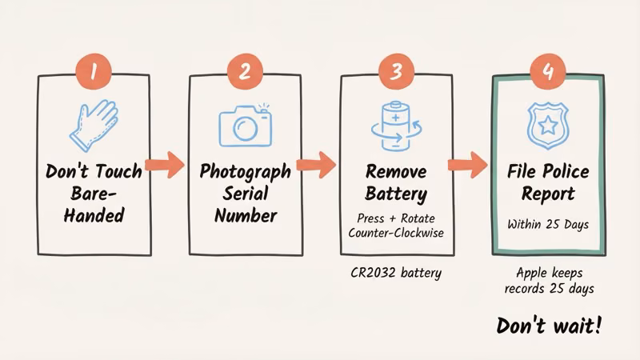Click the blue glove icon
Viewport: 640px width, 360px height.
pos(94,124)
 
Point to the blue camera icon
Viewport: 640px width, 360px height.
pos(245,125)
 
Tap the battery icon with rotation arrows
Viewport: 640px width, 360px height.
pos(396,125)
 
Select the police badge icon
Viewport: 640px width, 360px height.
pos(547,125)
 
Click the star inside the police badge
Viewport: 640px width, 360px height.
pos(547,124)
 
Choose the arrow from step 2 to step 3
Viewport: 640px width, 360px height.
pos(318,166)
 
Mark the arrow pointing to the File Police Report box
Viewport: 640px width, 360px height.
pos(469,166)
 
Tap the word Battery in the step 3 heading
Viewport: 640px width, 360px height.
pos(396,194)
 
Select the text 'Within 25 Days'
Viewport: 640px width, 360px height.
pos(548,224)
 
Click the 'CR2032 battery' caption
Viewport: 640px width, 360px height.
pos(396,272)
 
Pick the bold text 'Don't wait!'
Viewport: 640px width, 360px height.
pos(549,326)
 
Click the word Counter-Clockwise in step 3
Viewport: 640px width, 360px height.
pos(396,232)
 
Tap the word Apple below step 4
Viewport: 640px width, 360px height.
pos(532,272)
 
